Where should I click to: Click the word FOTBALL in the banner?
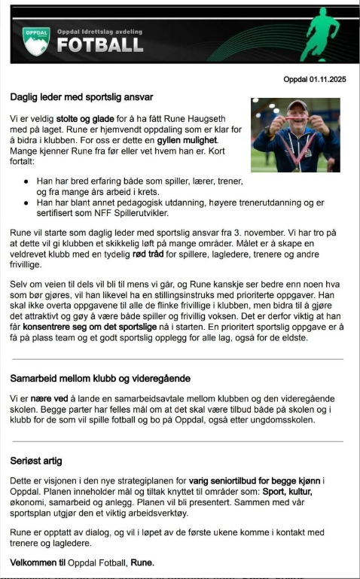[x=99, y=45]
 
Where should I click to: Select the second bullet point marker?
[x=27, y=203]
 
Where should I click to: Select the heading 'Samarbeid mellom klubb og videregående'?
[x=100, y=378]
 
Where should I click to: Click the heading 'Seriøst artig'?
[x=36, y=459]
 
